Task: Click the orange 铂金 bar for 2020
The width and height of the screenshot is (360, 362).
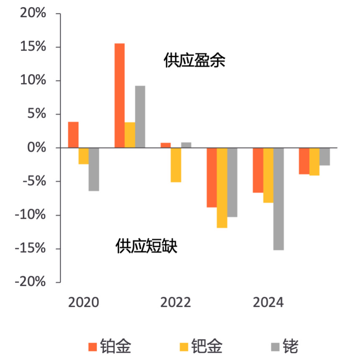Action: click(73, 135)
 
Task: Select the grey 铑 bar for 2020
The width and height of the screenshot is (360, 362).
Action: click(94, 169)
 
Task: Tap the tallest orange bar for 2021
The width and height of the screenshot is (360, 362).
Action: click(119, 96)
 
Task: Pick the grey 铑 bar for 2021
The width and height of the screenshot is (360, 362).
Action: click(140, 117)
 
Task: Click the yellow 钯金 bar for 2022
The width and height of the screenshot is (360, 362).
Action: click(176, 165)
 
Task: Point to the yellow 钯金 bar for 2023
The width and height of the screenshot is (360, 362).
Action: click(222, 188)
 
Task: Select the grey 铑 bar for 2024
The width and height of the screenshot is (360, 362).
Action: click(278, 199)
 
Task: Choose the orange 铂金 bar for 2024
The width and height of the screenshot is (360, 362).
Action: click(258, 170)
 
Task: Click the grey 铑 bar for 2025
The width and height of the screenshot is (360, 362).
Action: click(324, 157)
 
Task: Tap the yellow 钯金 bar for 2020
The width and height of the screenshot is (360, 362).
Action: click(84, 156)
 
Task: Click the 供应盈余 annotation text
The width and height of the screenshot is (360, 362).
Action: click(194, 61)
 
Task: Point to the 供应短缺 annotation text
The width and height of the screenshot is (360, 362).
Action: click(147, 246)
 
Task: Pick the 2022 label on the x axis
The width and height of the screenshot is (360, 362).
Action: click(176, 303)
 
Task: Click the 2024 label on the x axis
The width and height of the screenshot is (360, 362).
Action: click(268, 303)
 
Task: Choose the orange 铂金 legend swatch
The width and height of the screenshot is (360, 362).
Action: click(93, 347)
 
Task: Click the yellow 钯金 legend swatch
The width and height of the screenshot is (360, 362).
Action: click(183, 347)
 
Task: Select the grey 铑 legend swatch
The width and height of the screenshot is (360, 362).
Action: click(275, 347)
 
